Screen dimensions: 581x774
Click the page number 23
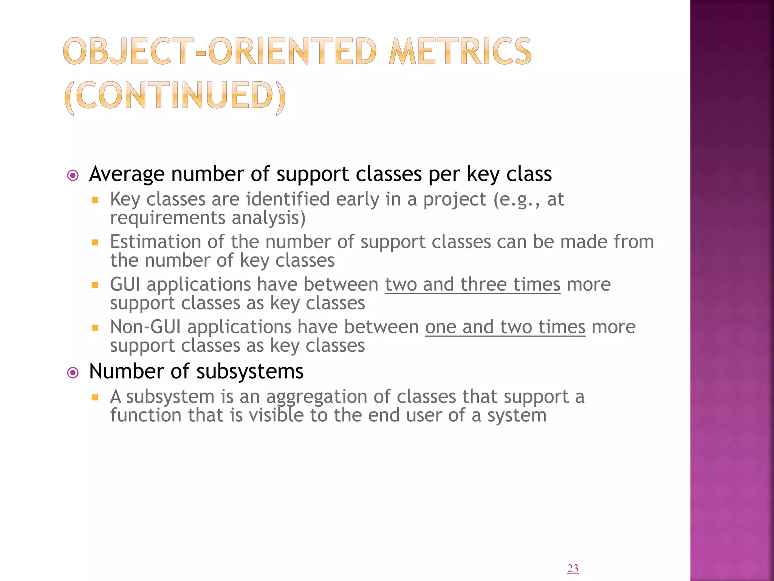point(573,568)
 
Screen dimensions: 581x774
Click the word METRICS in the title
point(460,51)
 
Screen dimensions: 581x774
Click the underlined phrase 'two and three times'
point(472,284)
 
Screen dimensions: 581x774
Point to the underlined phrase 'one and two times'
point(505,327)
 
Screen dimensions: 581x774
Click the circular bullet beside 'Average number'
point(73,176)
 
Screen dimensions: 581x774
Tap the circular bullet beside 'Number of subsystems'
point(73,373)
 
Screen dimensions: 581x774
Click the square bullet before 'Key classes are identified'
point(95,200)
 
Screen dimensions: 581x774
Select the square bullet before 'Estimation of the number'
point(95,242)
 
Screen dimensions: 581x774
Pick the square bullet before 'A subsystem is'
point(95,398)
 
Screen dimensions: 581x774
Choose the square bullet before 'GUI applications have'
point(95,285)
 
